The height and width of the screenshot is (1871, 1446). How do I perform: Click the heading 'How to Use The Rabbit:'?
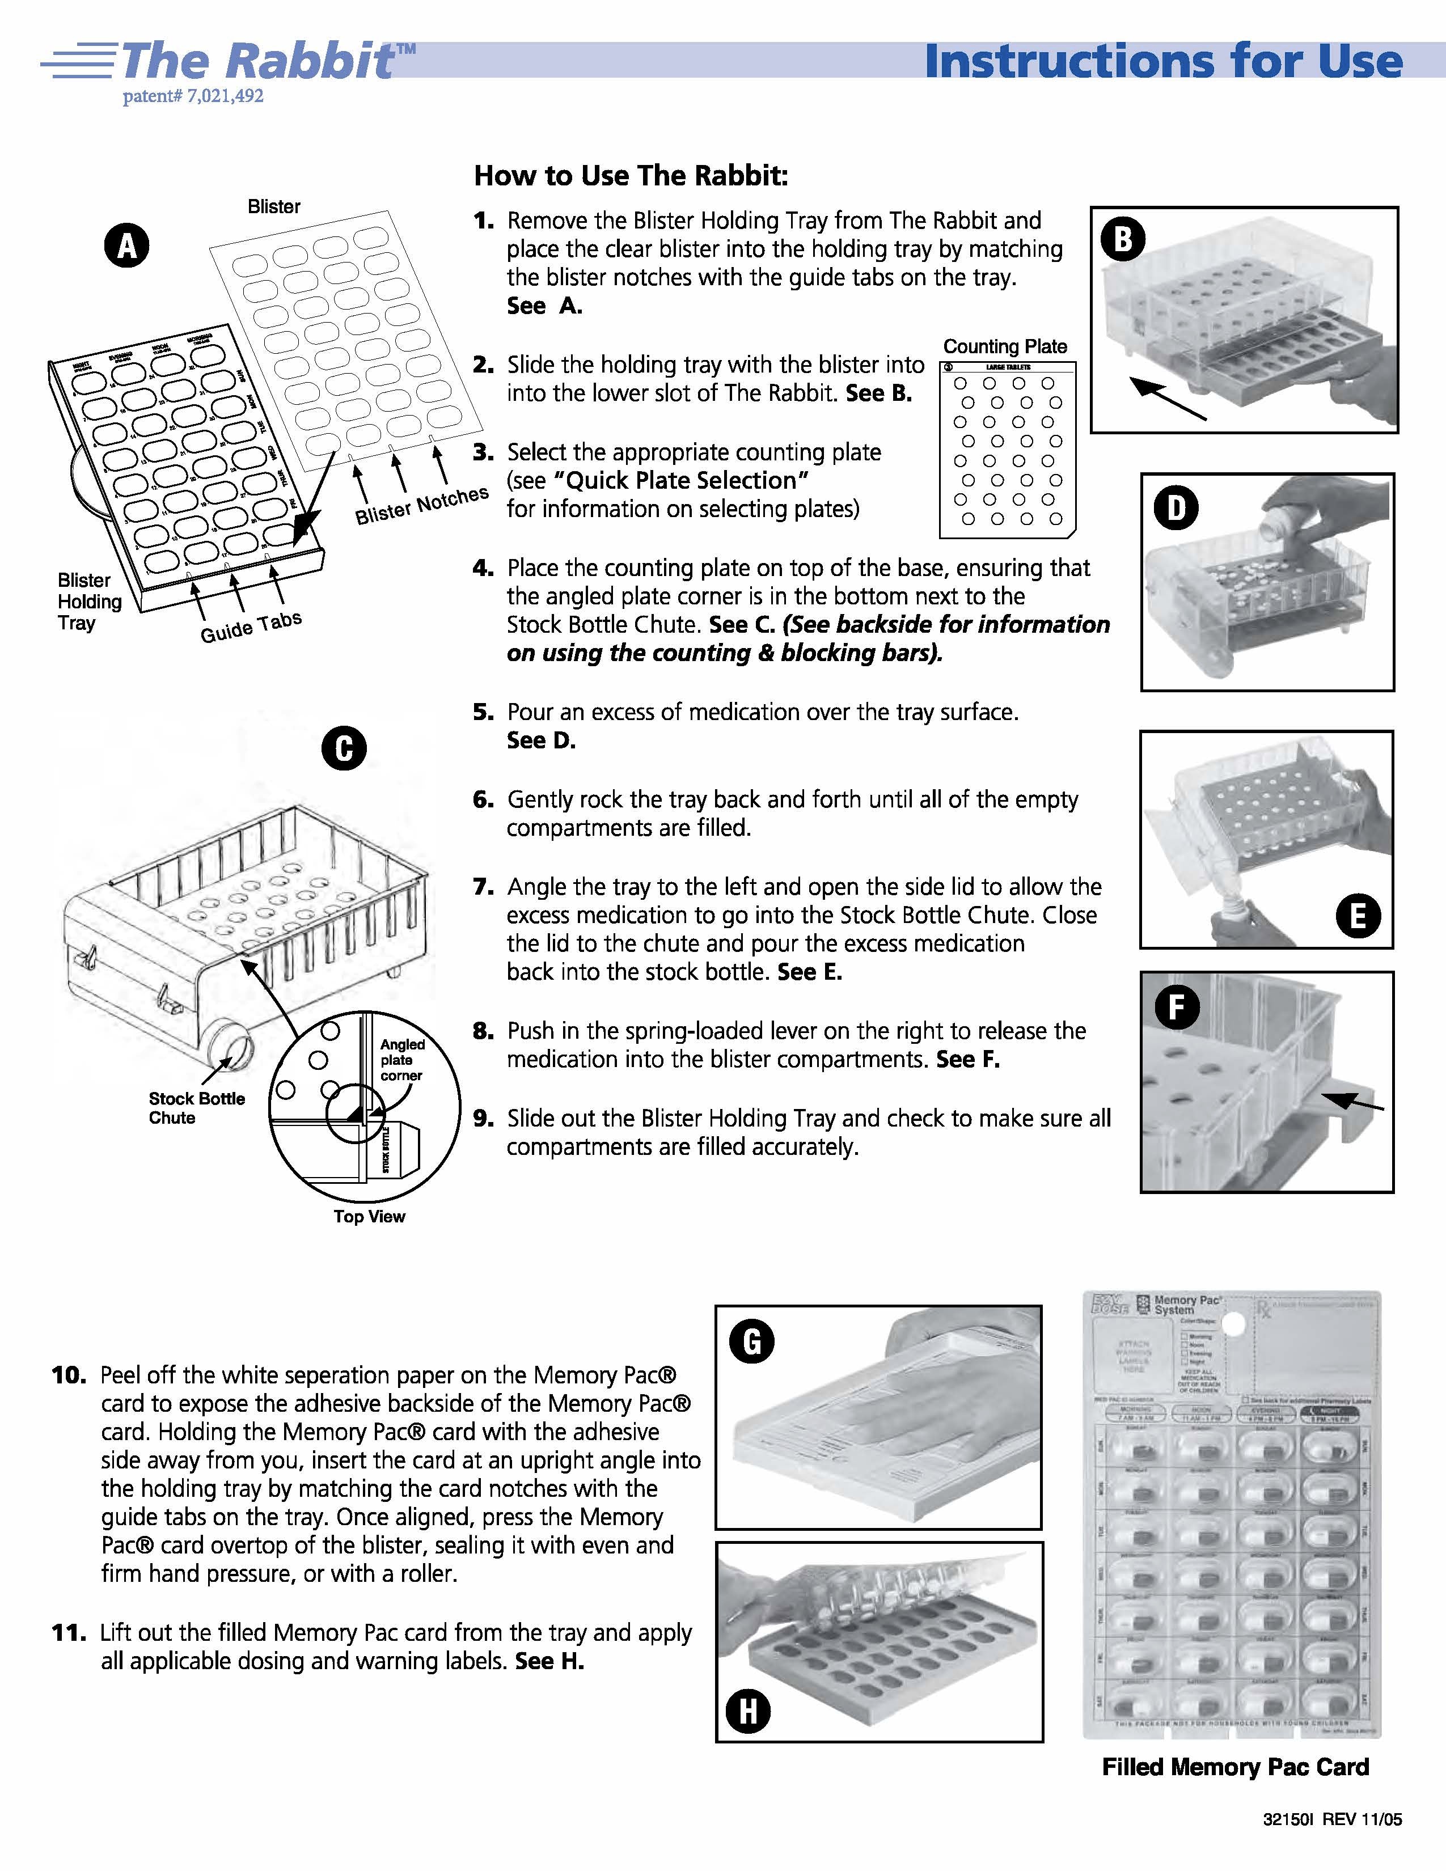click(x=631, y=176)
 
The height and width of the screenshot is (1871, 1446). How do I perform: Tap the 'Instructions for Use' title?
click(x=1163, y=62)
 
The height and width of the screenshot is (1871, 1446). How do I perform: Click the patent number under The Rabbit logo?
click(x=193, y=96)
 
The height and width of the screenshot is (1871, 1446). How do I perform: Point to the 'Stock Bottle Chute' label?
click(x=196, y=1108)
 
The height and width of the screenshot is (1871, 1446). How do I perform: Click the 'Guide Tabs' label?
click(x=251, y=627)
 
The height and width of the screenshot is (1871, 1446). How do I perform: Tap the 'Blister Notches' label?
click(x=421, y=505)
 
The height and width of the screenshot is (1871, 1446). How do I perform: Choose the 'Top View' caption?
click(x=369, y=1217)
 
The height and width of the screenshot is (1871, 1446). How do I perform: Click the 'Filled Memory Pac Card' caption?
click(x=1235, y=1767)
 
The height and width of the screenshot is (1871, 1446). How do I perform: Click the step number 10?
click(x=69, y=1375)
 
